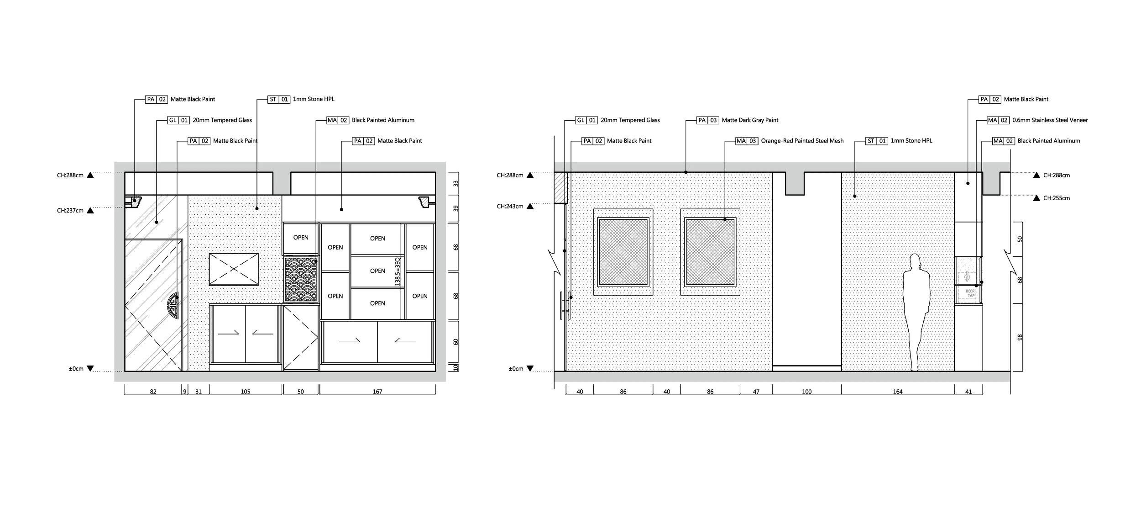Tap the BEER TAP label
[970, 293]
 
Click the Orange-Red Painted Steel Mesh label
[802, 141]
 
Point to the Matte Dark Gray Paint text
[750, 120]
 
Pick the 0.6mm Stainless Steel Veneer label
[1050, 120]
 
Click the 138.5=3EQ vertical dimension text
[398, 272]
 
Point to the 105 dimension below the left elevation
[246, 392]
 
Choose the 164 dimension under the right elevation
[897, 392]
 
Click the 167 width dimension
[377, 392]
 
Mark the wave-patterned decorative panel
[301, 279]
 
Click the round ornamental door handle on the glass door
[174, 306]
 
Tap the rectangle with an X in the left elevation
[234, 269]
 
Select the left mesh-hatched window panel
[623, 252]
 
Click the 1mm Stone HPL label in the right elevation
[911, 141]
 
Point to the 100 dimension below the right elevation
[806, 392]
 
